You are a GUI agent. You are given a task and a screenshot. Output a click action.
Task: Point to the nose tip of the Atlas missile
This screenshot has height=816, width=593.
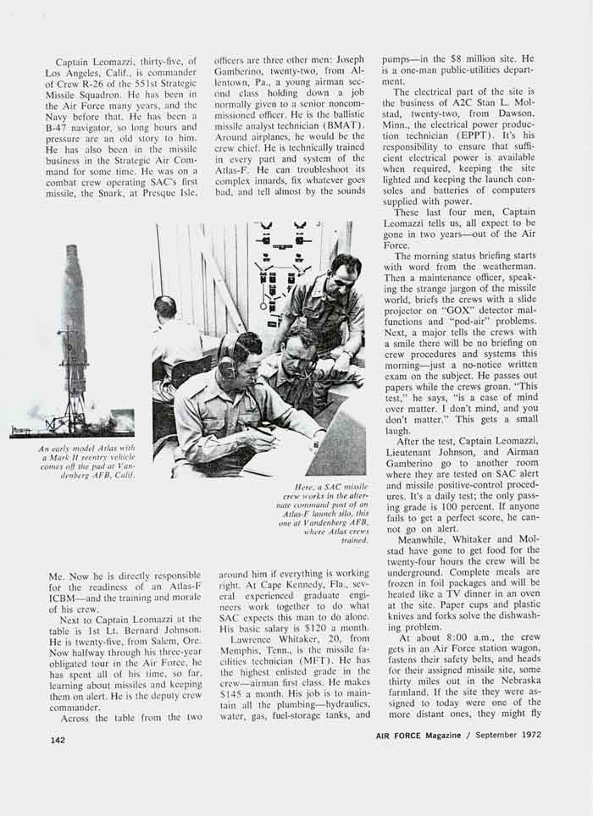72,249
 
